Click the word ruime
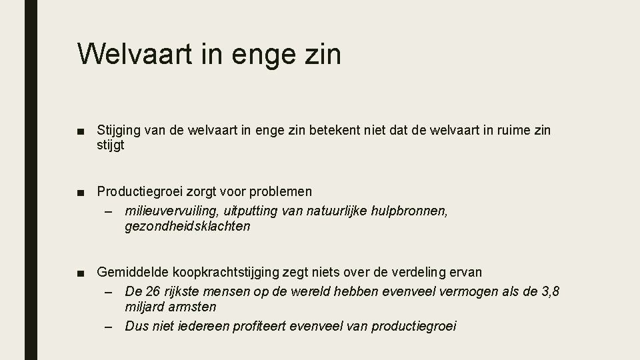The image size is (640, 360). tap(510, 129)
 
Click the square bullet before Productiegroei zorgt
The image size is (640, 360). tap(81, 192)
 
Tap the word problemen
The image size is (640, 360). tap(280, 192)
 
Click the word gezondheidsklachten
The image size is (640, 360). tap(187, 226)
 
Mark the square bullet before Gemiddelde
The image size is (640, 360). tap(81, 272)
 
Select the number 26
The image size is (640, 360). tap(152, 292)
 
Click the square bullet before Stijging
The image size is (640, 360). tap(81, 129)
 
